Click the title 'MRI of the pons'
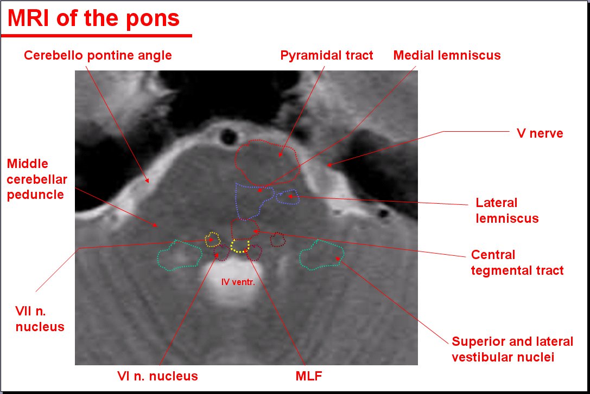[x=93, y=18]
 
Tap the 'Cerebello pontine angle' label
[x=98, y=56]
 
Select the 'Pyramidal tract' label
[x=327, y=56]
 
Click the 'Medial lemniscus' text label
[x=447, y=56]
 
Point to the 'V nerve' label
[x=540, y=133]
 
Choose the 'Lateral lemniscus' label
[x=507, y=210]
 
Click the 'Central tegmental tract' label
[x=517, y=262]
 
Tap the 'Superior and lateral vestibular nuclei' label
[x=512, y=349]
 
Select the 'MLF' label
[x=309, y=376]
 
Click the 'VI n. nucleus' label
[x=157, y=376]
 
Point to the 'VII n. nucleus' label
[x=40, y=319]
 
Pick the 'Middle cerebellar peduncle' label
[x=37, y=179]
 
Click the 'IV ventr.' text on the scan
[x=238, y=282]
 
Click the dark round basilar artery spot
[x=229, y=137]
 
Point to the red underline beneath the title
[x=96, y=36]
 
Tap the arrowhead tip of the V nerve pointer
[x=327, y=165]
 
